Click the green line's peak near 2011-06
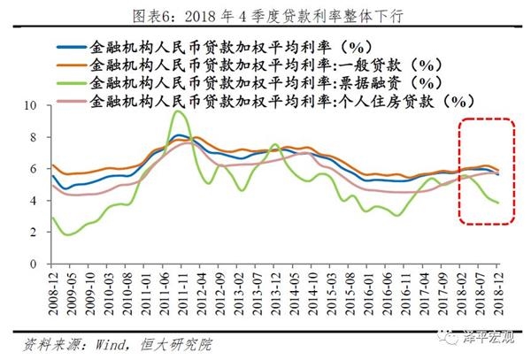179,111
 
